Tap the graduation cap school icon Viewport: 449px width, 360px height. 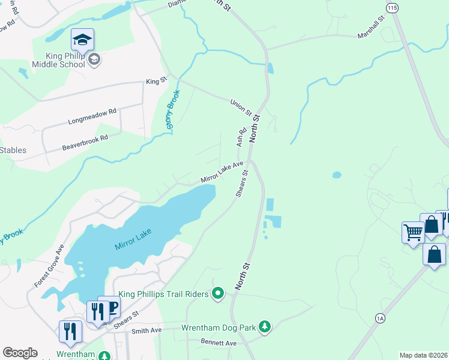pyautogui.click(x=82, y=40)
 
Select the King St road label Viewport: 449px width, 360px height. pyautogui.click(x=155, y=81)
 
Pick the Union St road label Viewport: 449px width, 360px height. pyautogui.click(x=241, y=107)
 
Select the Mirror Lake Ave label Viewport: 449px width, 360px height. pyautogui.click(x=221, y=172)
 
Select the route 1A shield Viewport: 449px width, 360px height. pyautogui.click(x=379, y=318)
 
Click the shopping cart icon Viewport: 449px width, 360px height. pyautogui.click(x=413, y=232)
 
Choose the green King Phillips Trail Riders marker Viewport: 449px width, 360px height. pyautogui.click(x=218, y=293)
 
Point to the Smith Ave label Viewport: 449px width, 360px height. pyautogui.click(x=147, y=331)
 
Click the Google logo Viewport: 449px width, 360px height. pyautogui.click(x=20, y=353)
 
